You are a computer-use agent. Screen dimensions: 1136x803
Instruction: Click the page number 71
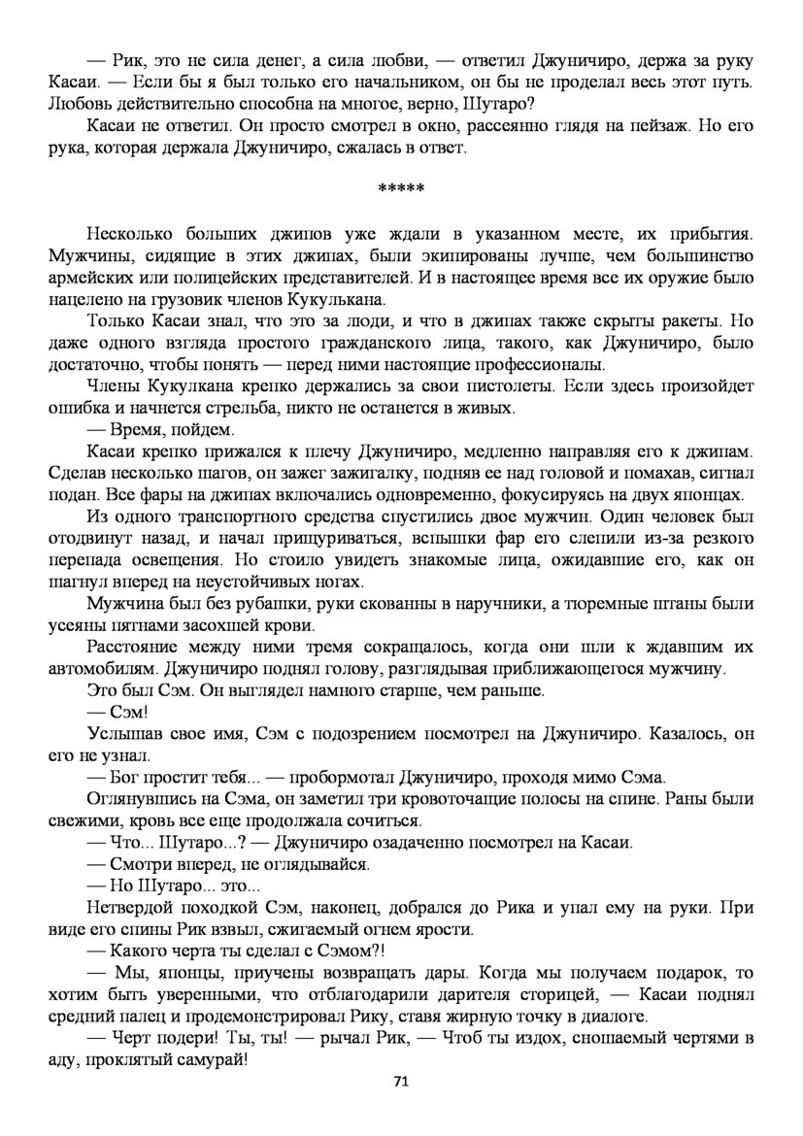tap(401, 1081)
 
